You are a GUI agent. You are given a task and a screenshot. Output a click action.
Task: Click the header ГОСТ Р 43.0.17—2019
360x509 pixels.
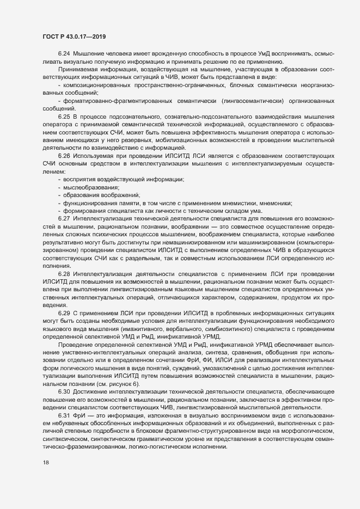(x=74, y=36)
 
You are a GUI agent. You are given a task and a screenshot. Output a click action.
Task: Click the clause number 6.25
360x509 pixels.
(x=64, y=117)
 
